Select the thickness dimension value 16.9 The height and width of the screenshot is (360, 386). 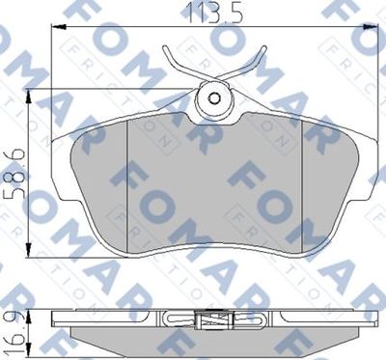click(13, 333)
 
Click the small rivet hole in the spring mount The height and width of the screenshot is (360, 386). click(214, 98)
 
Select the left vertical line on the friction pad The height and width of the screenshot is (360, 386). click(127, 179)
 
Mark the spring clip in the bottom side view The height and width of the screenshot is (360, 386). click(213, 320)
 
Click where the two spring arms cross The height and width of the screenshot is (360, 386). click(213, 72)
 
